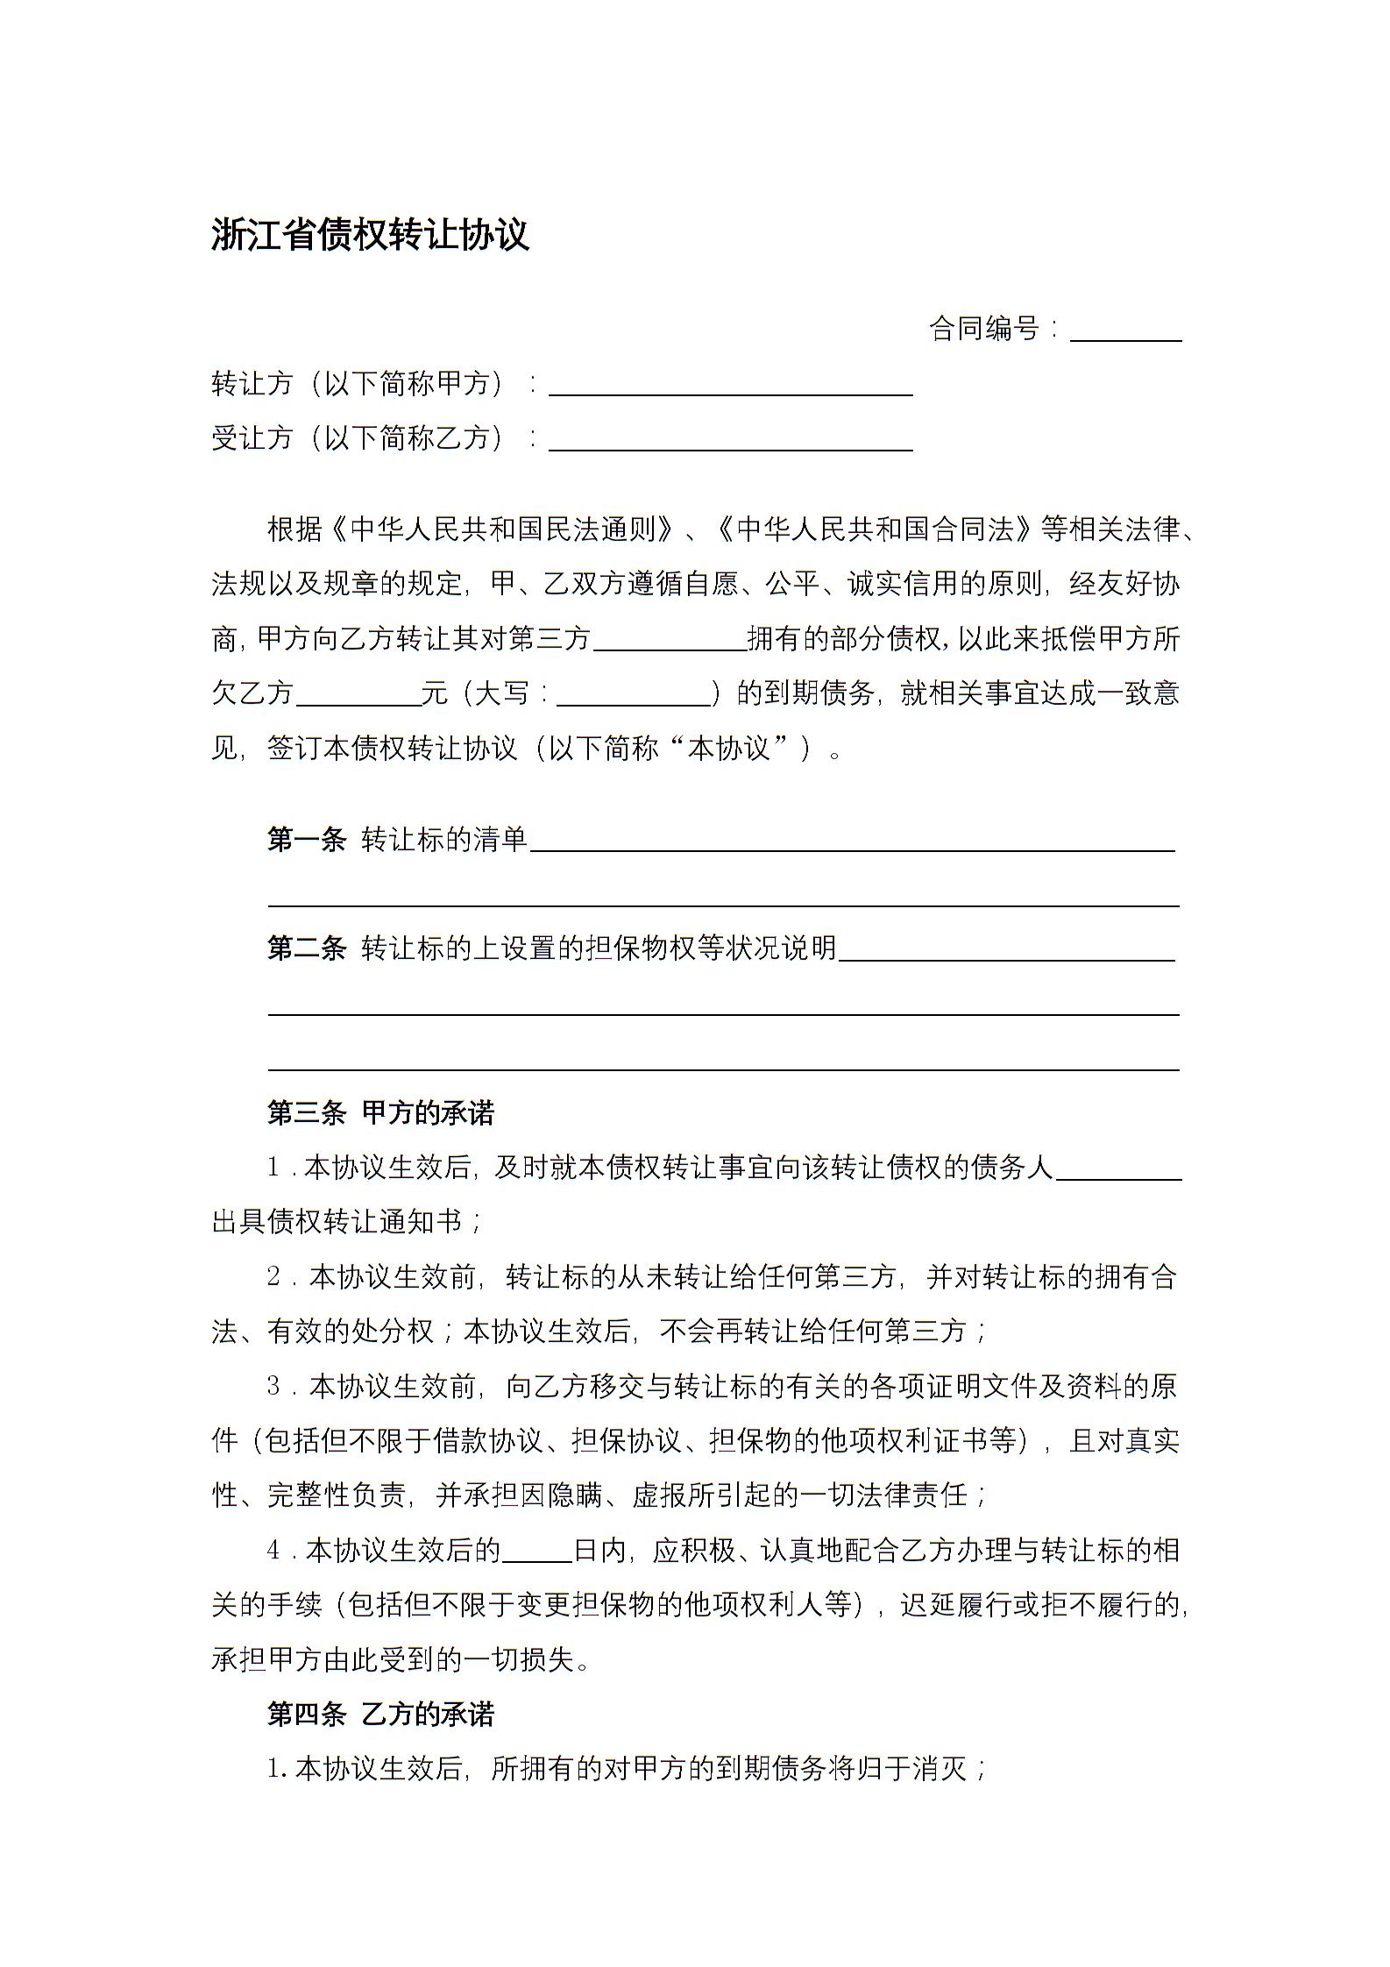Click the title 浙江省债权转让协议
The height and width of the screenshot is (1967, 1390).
pos(370,235)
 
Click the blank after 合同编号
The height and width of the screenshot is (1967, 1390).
pos(1125,331)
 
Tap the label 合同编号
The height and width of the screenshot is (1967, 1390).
pos(983,329)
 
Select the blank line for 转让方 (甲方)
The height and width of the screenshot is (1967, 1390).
pos(730,387)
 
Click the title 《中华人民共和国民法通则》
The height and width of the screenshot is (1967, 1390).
pos(504,529)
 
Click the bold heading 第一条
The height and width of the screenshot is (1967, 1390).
pos(307,839)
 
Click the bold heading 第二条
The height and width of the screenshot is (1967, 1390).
pos(307,948)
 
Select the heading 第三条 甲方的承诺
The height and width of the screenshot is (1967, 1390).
pos(380,1113)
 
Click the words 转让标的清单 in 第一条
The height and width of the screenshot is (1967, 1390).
pos(444,839)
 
